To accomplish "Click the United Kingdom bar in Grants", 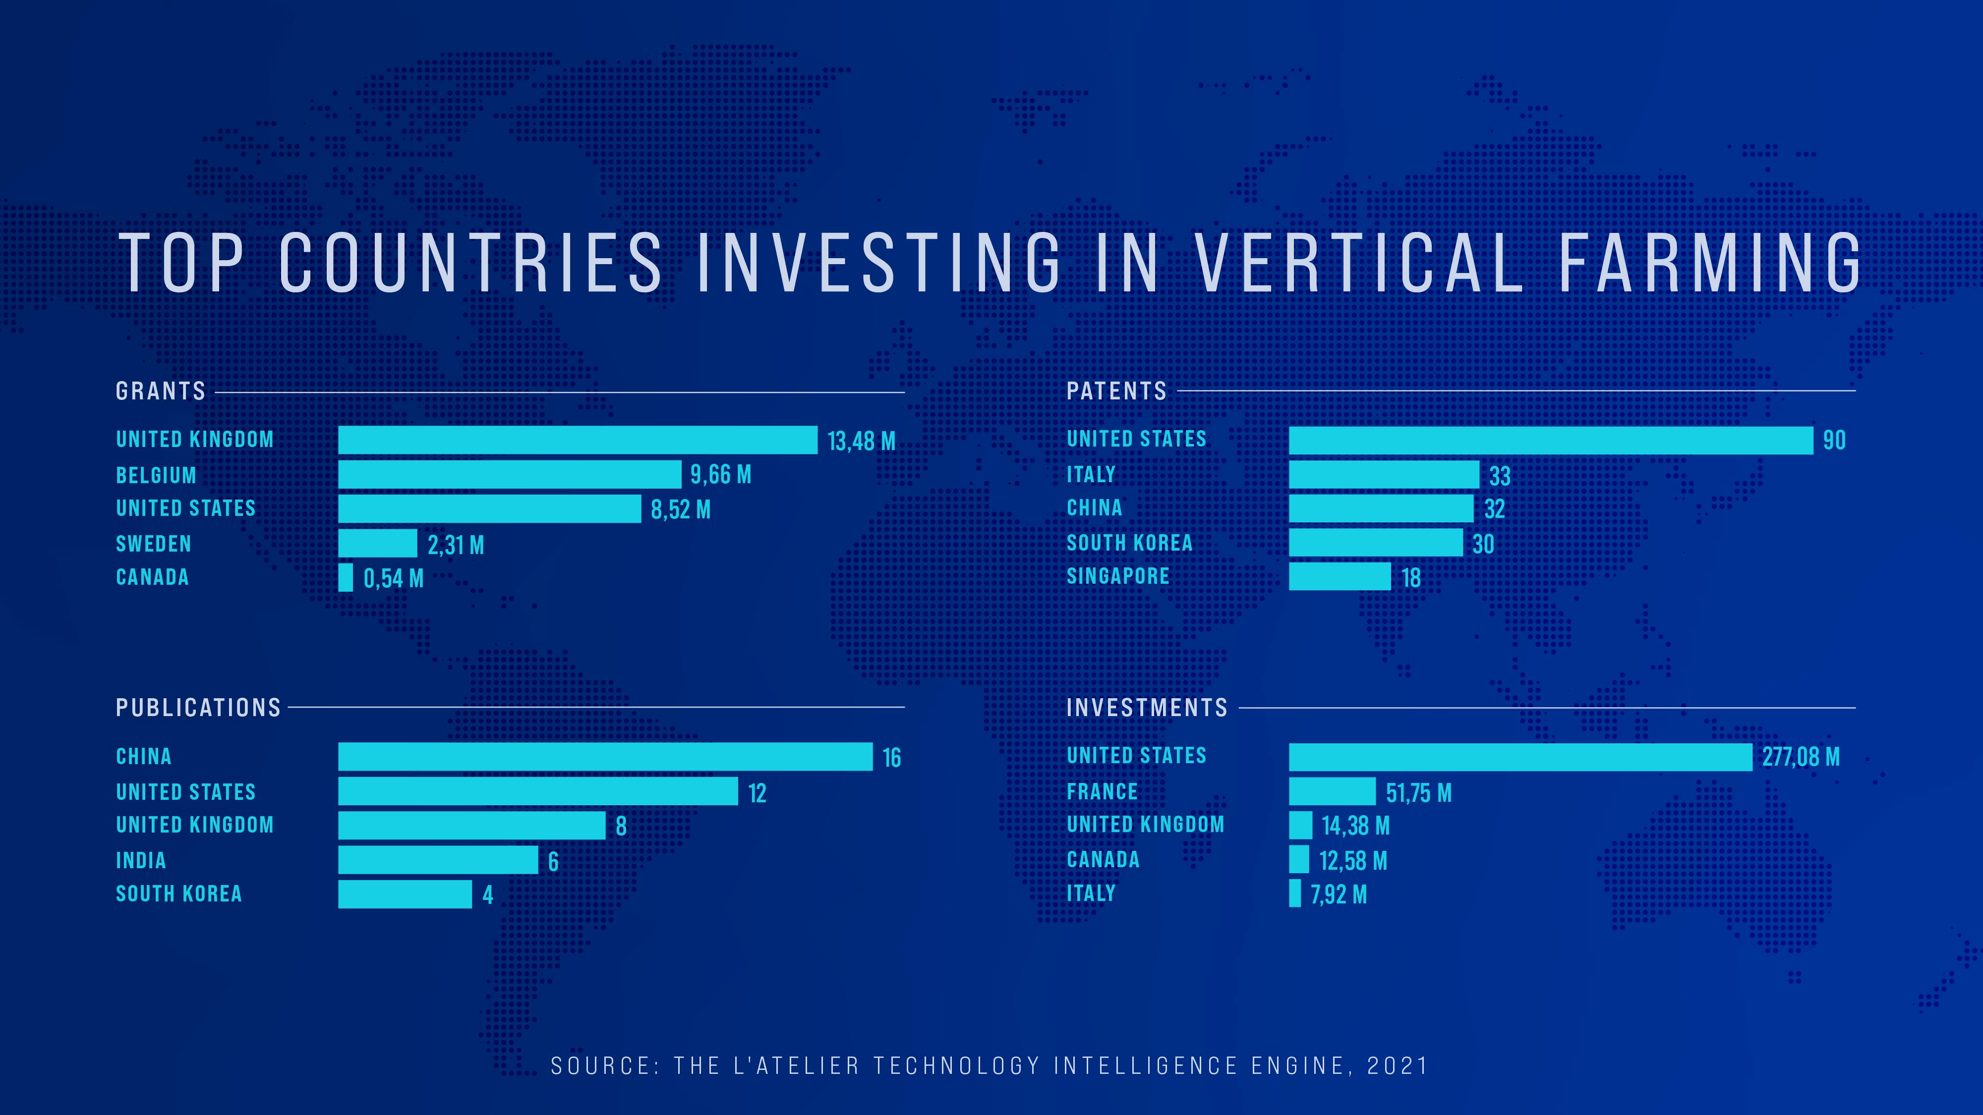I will coord(578,440).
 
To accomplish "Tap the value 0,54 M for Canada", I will coord(393,579).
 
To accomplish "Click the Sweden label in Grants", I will coord(153,544).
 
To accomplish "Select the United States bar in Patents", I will coord(1550,440).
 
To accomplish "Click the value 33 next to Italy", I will coord(1500,476).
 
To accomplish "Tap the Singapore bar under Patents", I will coord(1340,576).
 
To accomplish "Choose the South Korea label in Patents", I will coord(1129,543).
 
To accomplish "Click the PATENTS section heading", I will coord(1116,391).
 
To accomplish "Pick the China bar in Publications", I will coord(605,756).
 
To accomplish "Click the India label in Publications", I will coord(141,860).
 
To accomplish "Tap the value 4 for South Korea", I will coord(487,895).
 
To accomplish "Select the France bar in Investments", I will coord(1332,791).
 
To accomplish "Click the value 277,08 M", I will coord(1801,757).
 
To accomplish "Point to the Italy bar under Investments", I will coord(1295,893).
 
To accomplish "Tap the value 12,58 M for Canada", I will coord(1352,861).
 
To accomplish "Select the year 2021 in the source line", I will coord(1397,1066).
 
